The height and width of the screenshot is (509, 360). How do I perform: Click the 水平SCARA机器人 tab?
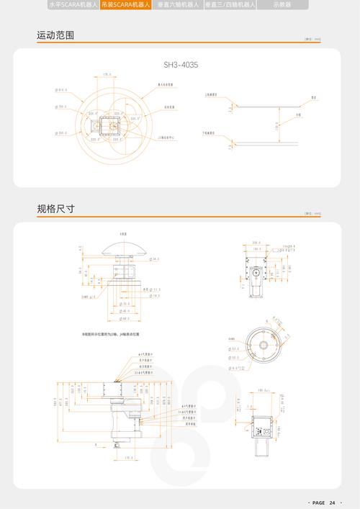click(x=72, y=4)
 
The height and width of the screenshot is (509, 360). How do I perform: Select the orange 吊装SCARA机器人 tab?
click(x=126, y=4)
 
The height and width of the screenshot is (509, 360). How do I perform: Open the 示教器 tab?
click(x=282, y=4)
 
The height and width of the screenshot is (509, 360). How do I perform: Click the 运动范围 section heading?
click(x=55, y=35)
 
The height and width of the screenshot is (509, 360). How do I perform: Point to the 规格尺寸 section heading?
click(x=55, y=209)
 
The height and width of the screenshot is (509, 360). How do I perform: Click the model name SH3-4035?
click(x=180, y=65)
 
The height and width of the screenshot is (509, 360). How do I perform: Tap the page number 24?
click(x=333, y=502)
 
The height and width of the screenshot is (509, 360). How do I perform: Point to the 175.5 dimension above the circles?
click(x=107, y=74)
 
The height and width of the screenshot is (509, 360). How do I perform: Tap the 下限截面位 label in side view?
click(x=210, y=133)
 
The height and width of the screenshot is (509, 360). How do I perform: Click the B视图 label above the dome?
click(x=122, y=234)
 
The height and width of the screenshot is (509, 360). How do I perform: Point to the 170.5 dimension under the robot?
click(x=128, y=458)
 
